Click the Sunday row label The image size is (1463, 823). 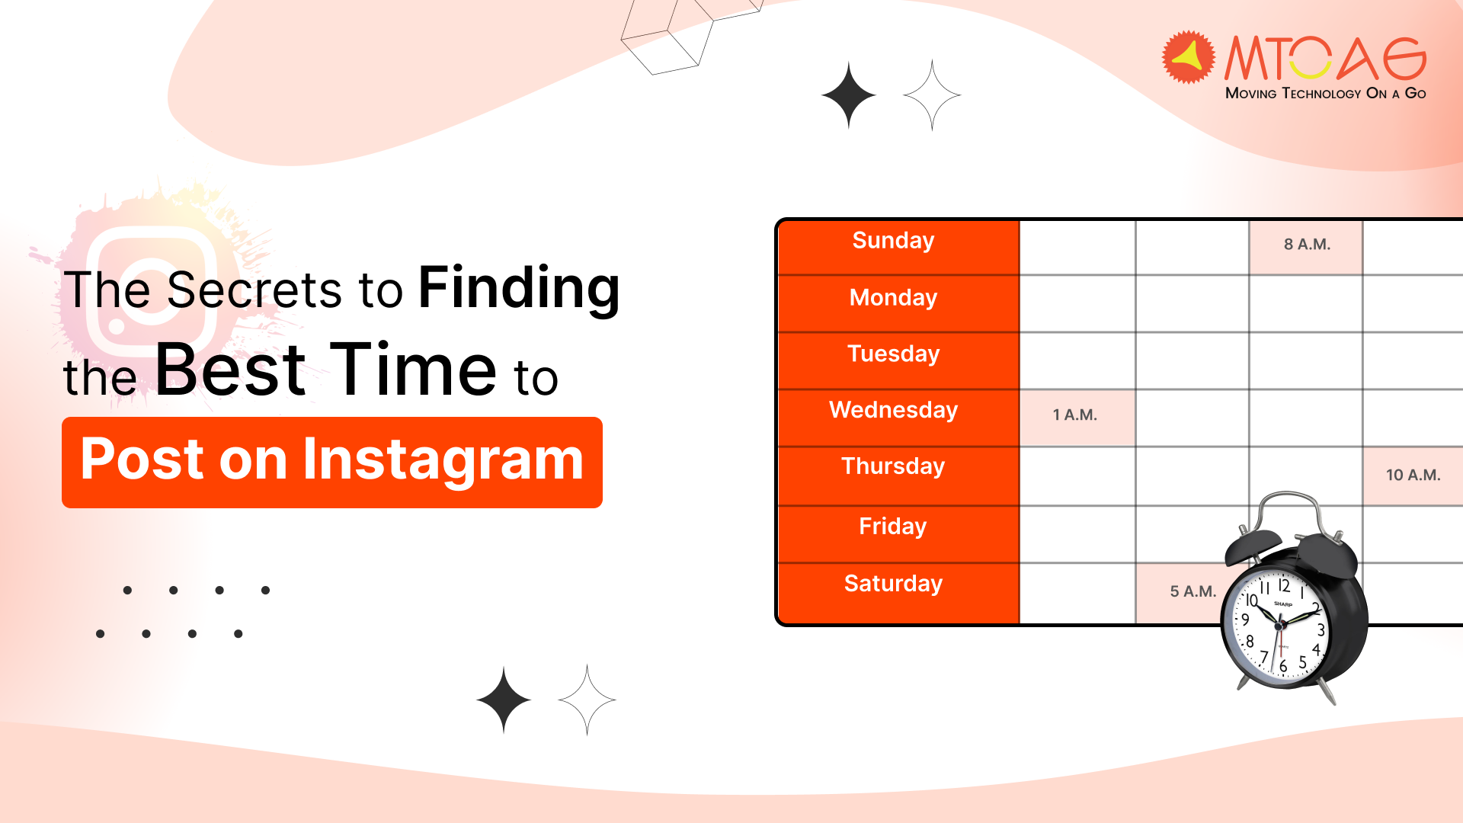[893, 241]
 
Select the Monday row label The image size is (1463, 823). [893, 297]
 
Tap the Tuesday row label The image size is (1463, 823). [893, 354]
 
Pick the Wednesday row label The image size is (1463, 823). [893, 410]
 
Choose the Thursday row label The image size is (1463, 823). [893, 466]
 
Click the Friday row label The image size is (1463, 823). [893, 526]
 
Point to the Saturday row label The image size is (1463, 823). [893, 584]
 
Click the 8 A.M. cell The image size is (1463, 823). [1306, 245]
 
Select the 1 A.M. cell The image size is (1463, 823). [1075, 415]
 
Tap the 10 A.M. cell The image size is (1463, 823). [1413, 476]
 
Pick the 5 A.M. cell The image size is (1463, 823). [1189, 591]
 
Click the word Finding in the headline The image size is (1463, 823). [519, 288]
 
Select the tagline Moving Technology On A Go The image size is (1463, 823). [1325, 93]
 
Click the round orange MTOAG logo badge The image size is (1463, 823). [1187, 56]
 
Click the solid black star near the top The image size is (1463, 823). [849, 95]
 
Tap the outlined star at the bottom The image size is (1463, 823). [587, 700]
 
